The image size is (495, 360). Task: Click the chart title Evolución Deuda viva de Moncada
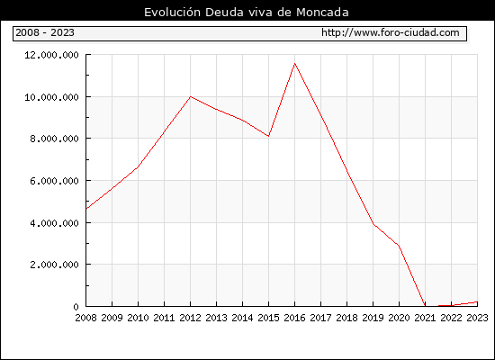tap(247, 13)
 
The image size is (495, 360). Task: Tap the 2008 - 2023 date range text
tap(45, 32)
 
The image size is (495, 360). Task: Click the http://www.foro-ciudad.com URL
tap(391, 32)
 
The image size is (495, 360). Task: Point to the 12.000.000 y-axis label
tap(51, 55)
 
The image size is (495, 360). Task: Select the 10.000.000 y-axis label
tap(51, 97)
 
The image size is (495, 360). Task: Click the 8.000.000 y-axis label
tap(54, 139)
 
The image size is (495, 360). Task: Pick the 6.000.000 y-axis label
tap(54, 181)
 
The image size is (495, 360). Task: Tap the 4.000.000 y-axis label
tap(54, 223)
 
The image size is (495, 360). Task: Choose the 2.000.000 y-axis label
tap(54, 265)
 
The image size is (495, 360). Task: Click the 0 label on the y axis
tap(76, 307)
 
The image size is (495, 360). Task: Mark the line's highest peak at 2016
tap(294, 64)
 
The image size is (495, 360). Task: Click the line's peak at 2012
tap(191, 96)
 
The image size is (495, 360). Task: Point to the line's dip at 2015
tap(268, 136)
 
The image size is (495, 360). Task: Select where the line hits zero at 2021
tap(425, 306)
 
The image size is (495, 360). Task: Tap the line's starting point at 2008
tap(86, 209)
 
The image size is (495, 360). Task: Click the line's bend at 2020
tap(399, 246)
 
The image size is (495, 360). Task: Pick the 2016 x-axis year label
tap(294, 318)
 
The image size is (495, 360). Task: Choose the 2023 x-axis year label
tap(477, 318)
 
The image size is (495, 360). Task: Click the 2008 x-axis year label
tap(85, 318)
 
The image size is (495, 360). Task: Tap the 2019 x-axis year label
tap(373, 318)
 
